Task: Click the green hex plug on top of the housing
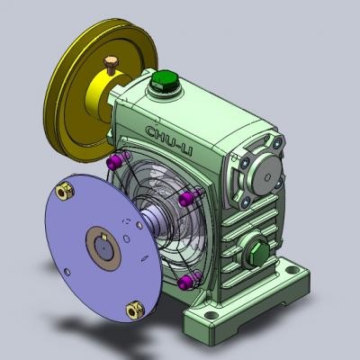(x=165, y=81)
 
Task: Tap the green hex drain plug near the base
(x=259, y=254)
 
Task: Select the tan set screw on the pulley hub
(x=111, y=65)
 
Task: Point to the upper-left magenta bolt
(x=118, y=159)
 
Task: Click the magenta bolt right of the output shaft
(x=190, y=196)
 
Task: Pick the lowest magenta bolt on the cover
(x=189, y=280)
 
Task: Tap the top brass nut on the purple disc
(x=65, y=192)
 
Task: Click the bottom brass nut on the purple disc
(x=135, y=310)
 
